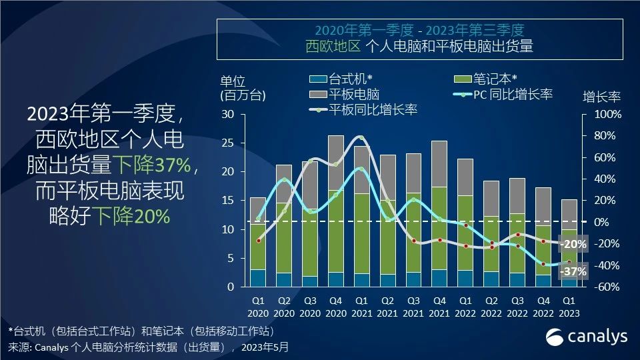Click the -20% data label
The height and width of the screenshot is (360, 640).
[574, 245]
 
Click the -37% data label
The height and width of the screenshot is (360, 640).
[574, 271]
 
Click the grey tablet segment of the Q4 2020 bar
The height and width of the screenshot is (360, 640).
[336, 163]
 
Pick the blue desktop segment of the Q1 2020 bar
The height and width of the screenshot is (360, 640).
[258, 278]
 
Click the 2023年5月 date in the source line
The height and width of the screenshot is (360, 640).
[266, 347]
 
